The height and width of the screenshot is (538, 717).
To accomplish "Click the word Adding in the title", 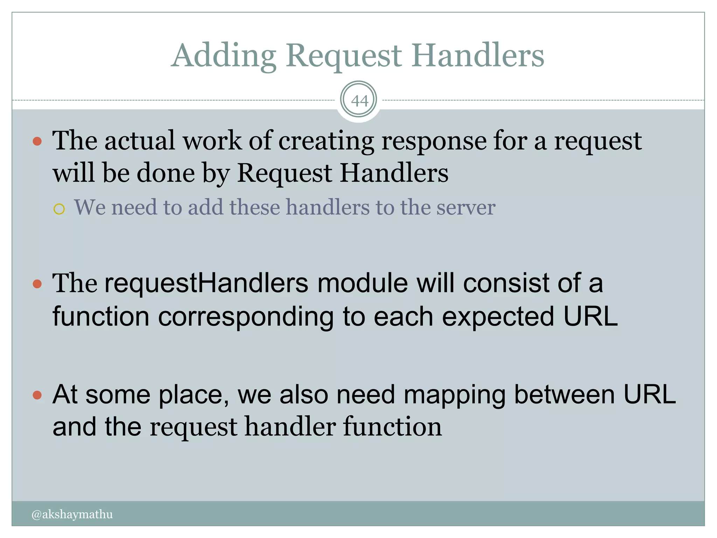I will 224,56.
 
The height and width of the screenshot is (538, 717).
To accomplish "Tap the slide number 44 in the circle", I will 359,101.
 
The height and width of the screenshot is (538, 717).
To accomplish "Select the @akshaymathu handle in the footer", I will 72,514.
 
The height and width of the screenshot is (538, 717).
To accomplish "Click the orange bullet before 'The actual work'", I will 37,142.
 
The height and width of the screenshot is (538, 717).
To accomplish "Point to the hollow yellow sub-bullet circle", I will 59,209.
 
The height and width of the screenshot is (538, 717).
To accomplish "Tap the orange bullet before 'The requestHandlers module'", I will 37,283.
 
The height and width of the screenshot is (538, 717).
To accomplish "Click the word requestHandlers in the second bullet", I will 206,283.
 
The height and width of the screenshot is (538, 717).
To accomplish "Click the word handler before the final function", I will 290,427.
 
